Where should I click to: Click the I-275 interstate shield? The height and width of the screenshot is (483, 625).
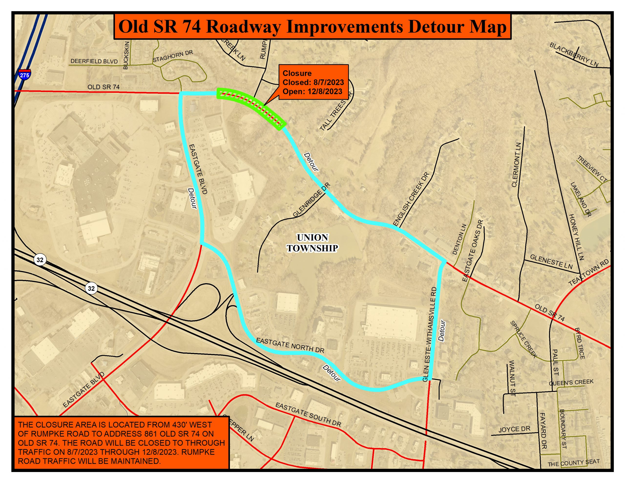[x=24, y=74]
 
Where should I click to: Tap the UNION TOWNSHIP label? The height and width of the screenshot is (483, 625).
[x=312, y=243]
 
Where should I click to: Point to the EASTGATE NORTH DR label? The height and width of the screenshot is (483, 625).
[x=290, y=345]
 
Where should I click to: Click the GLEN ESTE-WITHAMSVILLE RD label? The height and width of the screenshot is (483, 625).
[x=430, y=334]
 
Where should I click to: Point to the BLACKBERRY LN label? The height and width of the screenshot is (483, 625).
[x=574, y=55]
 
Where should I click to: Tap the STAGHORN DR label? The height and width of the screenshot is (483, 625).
[x=173, y=56]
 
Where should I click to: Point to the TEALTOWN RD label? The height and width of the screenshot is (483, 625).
[x=589, y=273]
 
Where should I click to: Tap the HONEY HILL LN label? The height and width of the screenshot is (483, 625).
[x=576, y=237]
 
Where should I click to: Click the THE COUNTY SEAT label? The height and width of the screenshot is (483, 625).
[x=573, y=463]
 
